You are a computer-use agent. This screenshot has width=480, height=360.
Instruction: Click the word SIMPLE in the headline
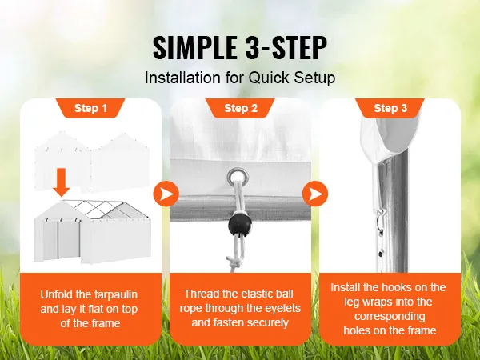pos(194,48)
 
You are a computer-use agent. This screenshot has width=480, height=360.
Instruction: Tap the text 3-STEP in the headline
pos(286,48)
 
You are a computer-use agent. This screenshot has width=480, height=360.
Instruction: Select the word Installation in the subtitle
pos(182,78)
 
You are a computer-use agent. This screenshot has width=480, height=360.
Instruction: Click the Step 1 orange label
pos(90,108)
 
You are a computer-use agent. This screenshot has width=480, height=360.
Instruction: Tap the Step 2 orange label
pos(241,108)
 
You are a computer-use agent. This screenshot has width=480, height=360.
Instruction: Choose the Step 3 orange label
pos(390,108)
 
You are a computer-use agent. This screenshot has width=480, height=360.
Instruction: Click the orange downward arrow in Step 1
pos(62,182)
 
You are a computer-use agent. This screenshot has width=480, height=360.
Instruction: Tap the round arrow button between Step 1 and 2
pos(166,194)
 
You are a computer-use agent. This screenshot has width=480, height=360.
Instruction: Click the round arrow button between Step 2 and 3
pos(315,194)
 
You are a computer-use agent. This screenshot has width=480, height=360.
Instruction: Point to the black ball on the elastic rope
pos(240,226)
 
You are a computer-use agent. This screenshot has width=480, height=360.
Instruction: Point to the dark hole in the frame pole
pos(381,254)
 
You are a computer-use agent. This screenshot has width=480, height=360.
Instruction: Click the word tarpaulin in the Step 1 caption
pos(116,294)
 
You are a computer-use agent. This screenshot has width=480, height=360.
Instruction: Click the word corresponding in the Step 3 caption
pos(390,317)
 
